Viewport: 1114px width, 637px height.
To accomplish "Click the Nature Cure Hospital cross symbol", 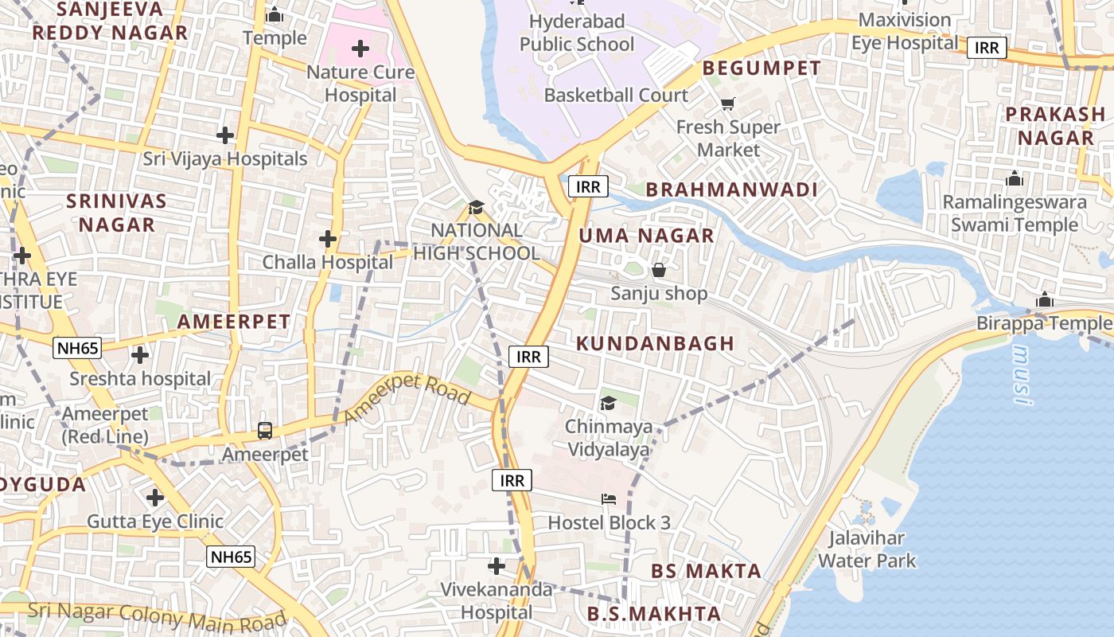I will point(360,49).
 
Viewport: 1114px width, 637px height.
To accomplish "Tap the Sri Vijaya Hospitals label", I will point(225,158).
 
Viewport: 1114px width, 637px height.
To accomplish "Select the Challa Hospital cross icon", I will point(327,238).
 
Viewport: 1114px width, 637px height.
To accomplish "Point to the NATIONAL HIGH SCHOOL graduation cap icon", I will point(476,208).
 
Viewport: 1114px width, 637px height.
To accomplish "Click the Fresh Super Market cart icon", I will point(727,104).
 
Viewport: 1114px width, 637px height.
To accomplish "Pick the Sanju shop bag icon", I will point(659,271).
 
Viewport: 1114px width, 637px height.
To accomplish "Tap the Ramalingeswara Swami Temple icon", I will point(1015,179).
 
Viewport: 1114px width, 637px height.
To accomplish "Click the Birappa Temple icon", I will point(1045,300).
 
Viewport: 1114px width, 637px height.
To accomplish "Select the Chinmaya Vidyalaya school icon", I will point(608,404).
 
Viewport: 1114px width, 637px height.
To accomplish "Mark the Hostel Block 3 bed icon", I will point(609,499).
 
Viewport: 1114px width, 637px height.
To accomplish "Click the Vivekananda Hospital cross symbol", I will point(497,566).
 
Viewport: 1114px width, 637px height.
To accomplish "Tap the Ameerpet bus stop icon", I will point(265,431).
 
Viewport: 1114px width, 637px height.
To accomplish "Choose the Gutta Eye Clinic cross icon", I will point(155,498).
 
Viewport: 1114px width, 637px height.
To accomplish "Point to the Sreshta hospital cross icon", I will point(140,355).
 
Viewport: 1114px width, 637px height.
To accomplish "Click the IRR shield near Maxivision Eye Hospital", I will point(987,48).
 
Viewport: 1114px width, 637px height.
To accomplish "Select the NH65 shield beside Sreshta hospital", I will point(77,348).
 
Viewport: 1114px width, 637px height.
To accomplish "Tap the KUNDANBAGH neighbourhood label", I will point(644,343).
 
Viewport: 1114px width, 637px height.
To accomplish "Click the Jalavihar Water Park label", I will point(867,549).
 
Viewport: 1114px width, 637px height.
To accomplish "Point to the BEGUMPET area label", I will point(761,68).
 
